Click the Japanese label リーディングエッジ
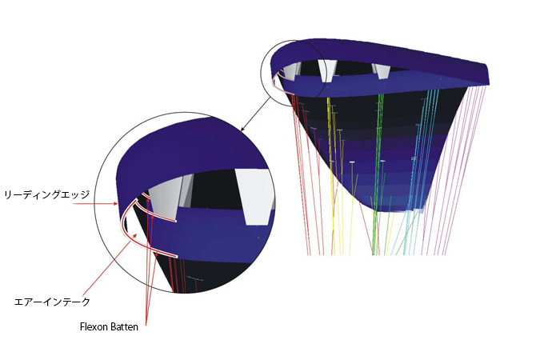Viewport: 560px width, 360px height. tap(46, 194)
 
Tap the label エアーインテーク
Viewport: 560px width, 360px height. tap(52, 302)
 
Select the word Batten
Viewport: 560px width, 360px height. tap(124, 326)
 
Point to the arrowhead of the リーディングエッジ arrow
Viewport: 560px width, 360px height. tap(115, 203)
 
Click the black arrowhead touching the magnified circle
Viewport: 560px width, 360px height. tap(243, 129)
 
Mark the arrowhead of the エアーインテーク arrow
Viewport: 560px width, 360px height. tap(135, 234)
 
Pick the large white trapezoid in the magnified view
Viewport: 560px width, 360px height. tap(255, 197)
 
